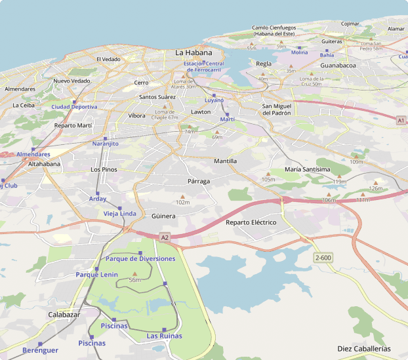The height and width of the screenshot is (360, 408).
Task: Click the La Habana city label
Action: (x=194, y=52)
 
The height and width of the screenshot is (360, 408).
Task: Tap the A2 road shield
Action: (x=165, y=237)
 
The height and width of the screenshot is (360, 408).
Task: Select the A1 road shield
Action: (x=401, y=121)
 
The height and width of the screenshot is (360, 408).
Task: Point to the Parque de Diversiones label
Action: (x=140, y=259)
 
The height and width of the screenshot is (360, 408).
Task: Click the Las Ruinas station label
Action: (x=164, y=336)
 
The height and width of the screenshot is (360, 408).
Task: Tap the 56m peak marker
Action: (x=134, y=273)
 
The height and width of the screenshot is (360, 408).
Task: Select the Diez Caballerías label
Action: (x=363, y=348)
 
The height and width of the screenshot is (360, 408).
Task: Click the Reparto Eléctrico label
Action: (x=251, y=223)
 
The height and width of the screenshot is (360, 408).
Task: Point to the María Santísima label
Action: (x=308, y=169)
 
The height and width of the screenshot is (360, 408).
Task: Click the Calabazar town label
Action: (x=64, y=315)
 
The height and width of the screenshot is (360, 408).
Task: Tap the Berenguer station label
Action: (x=40, y=350)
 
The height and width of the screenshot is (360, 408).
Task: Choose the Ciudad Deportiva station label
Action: (x=74, y=106)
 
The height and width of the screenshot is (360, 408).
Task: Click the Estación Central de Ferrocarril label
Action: (x=207, y=66)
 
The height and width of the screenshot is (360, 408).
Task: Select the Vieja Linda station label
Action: (x=120, y=214)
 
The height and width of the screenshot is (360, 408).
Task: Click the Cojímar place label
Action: (x=350, y=24)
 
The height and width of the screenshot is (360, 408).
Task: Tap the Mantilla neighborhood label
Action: (x=225, y=161)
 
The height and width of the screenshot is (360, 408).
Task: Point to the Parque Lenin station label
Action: (x=96, y=275)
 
